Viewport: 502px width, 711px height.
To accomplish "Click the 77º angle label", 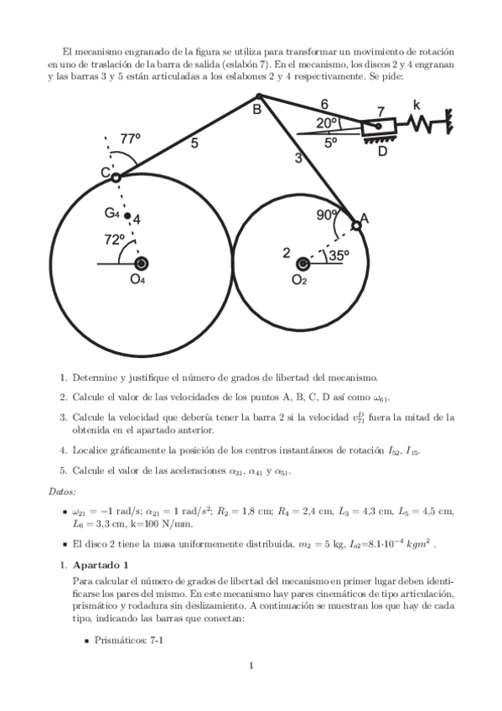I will (x=131, y=139).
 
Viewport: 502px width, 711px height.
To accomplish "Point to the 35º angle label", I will (x=339, y=257).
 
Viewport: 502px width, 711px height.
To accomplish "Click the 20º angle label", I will (x=328, y=123).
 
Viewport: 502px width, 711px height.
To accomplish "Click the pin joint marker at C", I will (x=116, y=177).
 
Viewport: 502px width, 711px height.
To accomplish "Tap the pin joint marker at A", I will (x=355, y=225).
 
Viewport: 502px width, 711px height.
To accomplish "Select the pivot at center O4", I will (x=141, y=263).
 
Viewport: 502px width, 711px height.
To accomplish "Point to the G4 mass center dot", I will (x=127, y=216).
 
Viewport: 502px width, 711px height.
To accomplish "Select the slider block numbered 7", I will (x=378, y=127).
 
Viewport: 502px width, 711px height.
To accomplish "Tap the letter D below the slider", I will (x=383, y=152).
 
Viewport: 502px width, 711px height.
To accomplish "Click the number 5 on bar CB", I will (x=194, y=143).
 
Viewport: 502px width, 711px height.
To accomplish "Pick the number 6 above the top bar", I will (x=324, y=104).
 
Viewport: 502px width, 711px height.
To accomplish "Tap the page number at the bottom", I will (x=251, y=667).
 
